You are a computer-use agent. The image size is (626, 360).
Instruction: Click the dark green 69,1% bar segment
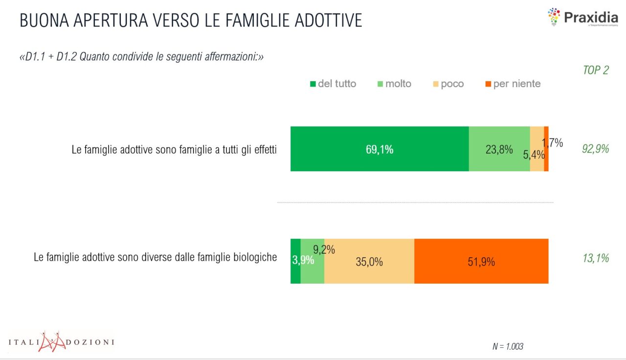[x=380, y=149]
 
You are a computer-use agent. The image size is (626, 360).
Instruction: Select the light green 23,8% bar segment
[x=499, y=149]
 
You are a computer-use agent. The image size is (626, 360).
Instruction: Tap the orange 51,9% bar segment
[x=481, y=261]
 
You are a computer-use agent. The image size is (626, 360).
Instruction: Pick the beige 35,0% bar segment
[x=369, y=262]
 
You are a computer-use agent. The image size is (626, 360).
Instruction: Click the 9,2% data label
[x=324, y=250]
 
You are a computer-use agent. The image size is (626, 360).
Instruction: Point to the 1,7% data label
[x=553, y=143]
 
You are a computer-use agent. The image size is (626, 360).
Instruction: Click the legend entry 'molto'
[x=394, y=84]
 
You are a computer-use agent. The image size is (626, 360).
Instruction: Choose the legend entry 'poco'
[x=447, y=84]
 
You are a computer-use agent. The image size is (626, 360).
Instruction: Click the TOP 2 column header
[x=596, y=70]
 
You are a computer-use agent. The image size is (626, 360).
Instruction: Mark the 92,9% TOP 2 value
[x=596, y=149]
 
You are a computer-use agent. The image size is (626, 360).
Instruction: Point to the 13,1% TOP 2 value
[x=596, y=258]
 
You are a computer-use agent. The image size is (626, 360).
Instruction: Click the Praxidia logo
[x=582, y=18]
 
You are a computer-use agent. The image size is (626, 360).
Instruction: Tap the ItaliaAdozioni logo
[x=61, y=341]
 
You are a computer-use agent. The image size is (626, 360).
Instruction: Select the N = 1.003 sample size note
[x=508, y=346]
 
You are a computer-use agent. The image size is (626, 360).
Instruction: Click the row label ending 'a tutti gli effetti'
[x=174, y=150]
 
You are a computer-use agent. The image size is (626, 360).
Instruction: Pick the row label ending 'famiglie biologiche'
[x=156, y=257]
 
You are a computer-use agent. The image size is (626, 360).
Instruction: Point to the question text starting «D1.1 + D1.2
[x=141, y=57]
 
